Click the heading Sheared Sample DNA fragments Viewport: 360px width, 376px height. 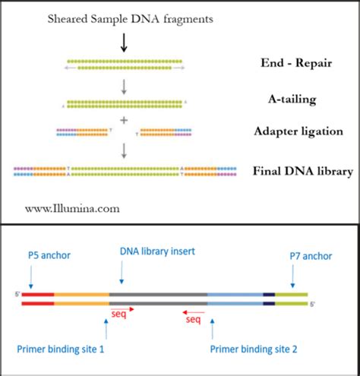click(124, 17)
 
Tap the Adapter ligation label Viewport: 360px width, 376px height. click(299, 131)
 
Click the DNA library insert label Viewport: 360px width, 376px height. click(158, 251)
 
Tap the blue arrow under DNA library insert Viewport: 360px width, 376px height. click(122, 273)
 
